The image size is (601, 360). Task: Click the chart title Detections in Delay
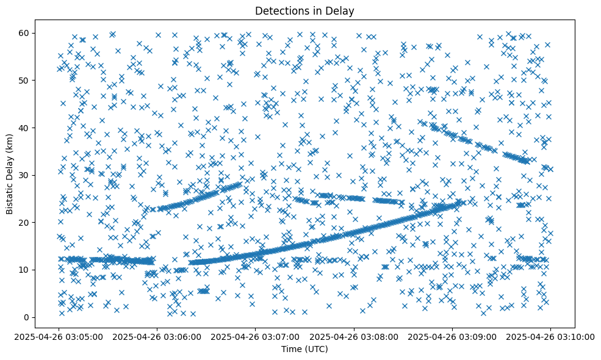click(x=304, y=10)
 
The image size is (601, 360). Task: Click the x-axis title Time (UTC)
click(x=304, y=349)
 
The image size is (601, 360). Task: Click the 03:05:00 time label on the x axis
click(x=59, y=336)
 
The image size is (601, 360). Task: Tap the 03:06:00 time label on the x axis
click(x=157, y=336)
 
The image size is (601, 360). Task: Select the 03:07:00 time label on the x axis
click(x=255, y=336)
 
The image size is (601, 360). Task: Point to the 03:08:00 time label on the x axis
click(x=354, y=336)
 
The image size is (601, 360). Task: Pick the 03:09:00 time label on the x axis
click(x=452, y=336)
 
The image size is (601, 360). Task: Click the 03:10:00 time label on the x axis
click(x=550, y=336)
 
